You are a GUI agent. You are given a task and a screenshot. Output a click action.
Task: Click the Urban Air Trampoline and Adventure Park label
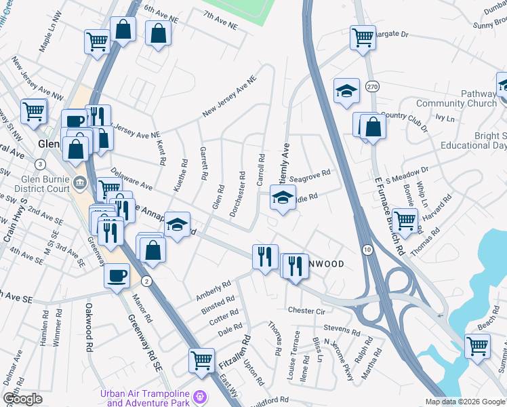[x=144, y=398]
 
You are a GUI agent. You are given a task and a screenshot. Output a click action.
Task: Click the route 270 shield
[x=371, y=87]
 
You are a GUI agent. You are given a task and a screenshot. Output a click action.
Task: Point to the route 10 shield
[x=366, y=249]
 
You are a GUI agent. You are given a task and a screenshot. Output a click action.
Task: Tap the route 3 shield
[x=41, y=164]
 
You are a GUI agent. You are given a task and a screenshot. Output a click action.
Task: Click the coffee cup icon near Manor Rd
[x=117, y=276]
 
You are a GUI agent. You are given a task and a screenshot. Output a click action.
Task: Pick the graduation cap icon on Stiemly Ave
[x=283, y=197]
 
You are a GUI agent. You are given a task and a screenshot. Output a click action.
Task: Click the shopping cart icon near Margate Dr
[x=363, y=37]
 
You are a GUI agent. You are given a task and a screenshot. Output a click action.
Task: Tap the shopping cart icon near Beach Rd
[x=477, y=346]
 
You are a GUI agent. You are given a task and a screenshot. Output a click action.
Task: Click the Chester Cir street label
[x=307, y=311]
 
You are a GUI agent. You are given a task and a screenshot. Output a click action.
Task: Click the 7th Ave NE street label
[x=220, y=20]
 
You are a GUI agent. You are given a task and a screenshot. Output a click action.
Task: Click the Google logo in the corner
[x=22, y=399]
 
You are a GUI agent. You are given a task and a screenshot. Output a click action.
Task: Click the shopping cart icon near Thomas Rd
[x=405, y=220]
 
